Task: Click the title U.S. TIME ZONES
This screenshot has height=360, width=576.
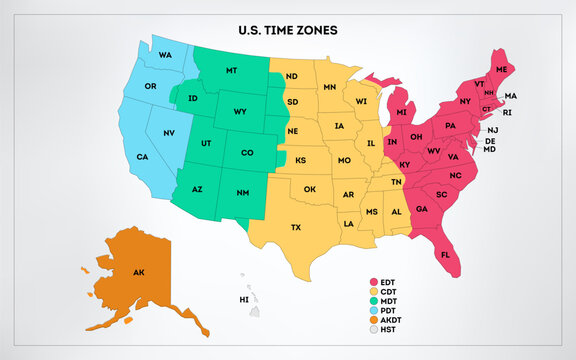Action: coord(287,31)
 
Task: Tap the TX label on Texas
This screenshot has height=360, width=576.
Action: coord(296,227)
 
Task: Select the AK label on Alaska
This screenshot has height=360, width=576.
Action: coord(139,272)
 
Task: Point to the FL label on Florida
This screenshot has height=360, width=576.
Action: coord(445,255)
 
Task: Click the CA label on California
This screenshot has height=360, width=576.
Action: coord(143,157)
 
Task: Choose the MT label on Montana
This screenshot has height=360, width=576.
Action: coord(231,71)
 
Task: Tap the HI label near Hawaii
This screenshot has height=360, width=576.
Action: coord(243,299)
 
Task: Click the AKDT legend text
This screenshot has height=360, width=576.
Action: coord(393,320)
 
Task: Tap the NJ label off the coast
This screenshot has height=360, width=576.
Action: coord(492,131)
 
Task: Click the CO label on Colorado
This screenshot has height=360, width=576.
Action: coord(246,153)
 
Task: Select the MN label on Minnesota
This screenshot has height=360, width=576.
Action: coord(329,89)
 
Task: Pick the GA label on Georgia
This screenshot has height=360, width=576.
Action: coord(423,208)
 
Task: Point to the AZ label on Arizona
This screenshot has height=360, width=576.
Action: coord(197,189)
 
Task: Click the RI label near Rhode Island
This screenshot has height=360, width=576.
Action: coord(507,113)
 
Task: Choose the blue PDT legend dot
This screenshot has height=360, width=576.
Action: coord(373,311)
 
